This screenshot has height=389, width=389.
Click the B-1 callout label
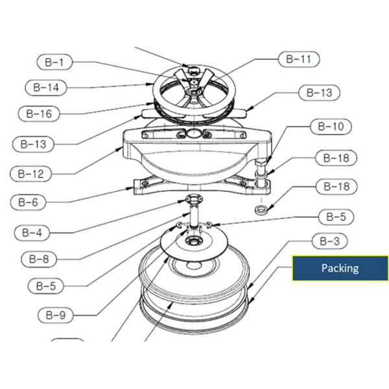point(54,63)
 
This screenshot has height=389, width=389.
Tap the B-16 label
point(38,113)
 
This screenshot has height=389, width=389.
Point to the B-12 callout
point(30,174)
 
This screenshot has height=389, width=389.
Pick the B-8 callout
point(40,258)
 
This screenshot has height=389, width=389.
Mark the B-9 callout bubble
point(55,316)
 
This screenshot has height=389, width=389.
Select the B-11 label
point(298,59)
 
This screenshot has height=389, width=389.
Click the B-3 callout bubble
point(330,241)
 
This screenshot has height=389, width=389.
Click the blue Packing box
point(340,268)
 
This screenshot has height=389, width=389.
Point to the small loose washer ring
point(263,210)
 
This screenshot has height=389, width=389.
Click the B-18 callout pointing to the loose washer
point(336,187)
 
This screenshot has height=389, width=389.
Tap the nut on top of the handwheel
point(193,69)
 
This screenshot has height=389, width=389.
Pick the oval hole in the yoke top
point(193,133)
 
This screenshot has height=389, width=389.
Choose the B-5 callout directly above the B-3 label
point(335,217)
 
